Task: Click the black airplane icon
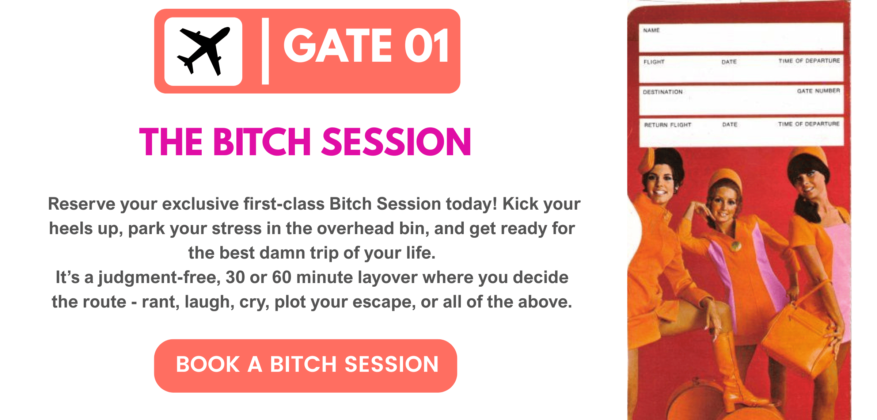[204, 51]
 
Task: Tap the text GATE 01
[367, 46]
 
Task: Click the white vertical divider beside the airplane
[266, 51]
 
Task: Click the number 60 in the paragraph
[281, 277]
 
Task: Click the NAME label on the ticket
[652, 30]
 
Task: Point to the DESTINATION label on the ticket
[663, 92]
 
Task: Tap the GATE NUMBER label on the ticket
[819, 91]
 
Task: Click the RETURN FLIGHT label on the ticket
[668, 125]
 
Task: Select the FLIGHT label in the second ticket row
[654, 62]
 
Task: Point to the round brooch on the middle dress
[736, 246]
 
